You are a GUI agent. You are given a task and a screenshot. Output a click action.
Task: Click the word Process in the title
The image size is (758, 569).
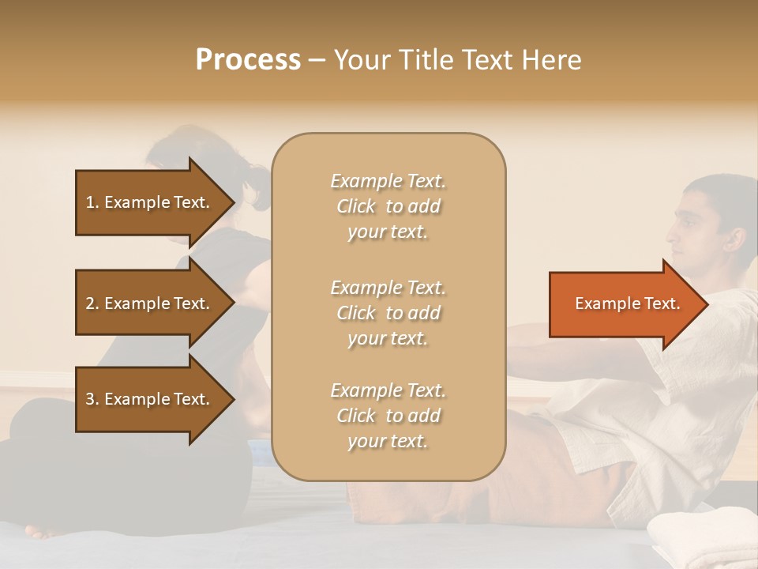pos(248,60)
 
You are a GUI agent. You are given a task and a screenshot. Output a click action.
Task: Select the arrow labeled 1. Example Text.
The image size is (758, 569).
pos(150,202)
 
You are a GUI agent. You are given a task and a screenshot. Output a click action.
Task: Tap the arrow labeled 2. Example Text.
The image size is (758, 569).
pos(150,303)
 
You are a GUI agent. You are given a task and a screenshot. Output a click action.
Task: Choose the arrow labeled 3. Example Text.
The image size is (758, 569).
pos(150,399)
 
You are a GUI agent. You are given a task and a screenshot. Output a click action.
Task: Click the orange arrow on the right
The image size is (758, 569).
pos(624,303)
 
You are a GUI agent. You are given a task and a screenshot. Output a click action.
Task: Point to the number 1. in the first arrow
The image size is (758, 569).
pos(92,202)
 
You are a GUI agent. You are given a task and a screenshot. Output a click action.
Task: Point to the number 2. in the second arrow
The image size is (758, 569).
pos(92,303)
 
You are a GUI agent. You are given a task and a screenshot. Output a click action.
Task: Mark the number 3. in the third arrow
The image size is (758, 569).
pos(92,399)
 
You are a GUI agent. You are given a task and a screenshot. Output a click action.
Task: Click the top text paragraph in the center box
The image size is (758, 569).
pos(388,206)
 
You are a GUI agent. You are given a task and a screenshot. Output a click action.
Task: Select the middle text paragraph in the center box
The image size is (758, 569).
pos(388,313)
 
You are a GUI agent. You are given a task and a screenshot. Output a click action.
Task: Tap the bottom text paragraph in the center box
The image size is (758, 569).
pos(388,416)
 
